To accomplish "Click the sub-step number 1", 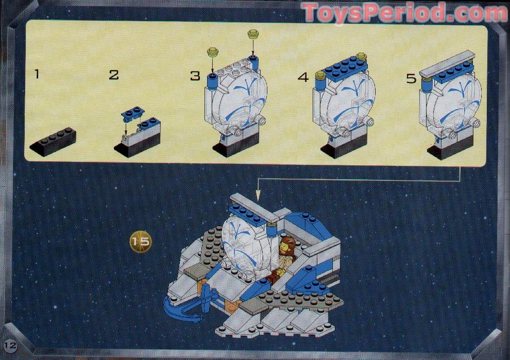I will [36, 74].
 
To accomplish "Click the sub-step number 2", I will [114, 75].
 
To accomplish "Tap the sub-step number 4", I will [303, 78].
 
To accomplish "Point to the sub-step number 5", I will [411, 79].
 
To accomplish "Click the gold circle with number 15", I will [140, 241].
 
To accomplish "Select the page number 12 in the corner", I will [10, 344].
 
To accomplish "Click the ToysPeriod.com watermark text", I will [404, 12].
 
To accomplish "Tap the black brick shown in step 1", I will [53, 141].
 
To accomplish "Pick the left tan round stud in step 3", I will [213, 52].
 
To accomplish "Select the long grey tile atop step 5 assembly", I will [447, 63].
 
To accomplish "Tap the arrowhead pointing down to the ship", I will [258, 195].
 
